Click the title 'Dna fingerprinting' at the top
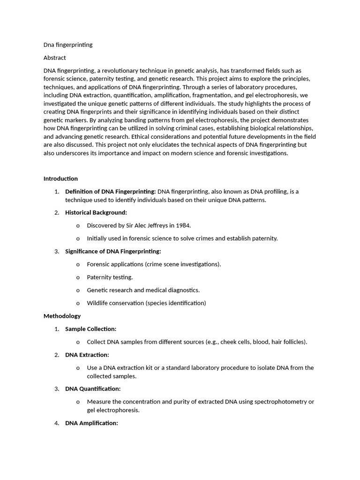click(x=68, y=45)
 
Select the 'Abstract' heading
click(x=55, y=58)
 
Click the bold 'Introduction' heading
click(x=60, y=179)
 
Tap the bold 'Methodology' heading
click(x=62, y=316)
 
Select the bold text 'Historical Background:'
click(x=96, y=213)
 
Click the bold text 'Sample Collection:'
click(x=90, y=329)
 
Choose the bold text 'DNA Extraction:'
click(x=87, y=355)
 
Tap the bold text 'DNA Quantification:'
click(x=93, y=389)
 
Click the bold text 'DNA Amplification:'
click(x=91, y=423)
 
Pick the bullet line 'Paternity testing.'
click(x=110, y=277)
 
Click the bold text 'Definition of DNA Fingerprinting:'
click(x=111, y=191)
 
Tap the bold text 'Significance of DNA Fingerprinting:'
click(x=113, y=252)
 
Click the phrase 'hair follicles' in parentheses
click(x=288, y=342)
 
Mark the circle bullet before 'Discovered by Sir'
click(x=78, y=226)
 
